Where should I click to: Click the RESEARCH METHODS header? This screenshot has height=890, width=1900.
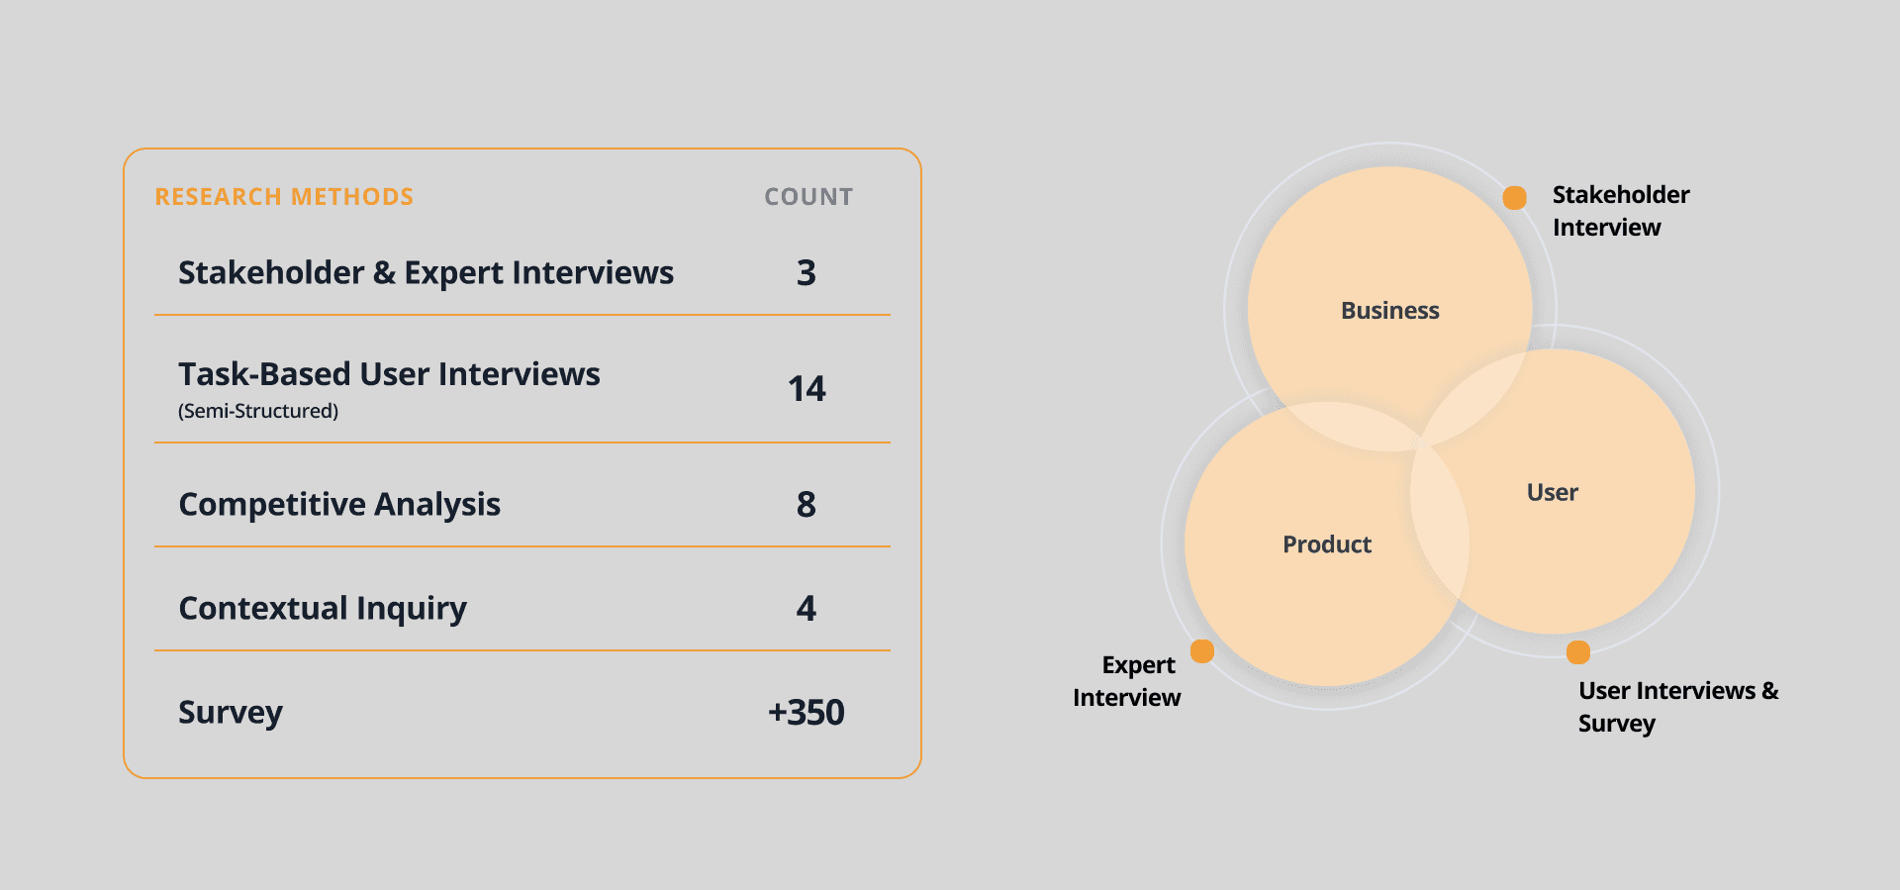click(284, 197)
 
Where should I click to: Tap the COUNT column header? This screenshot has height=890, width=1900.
click(808, 197)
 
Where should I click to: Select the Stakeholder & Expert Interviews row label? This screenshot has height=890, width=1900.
click(426, 272)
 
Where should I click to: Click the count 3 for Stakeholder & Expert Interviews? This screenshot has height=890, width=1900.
click(807, 272)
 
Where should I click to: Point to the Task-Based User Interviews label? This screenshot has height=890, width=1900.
click(389, 374)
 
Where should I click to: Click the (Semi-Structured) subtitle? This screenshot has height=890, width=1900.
click(258, 411)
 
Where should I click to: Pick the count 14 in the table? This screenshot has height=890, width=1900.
click(807, 388)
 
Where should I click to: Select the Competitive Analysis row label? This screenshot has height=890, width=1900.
click(339, 504)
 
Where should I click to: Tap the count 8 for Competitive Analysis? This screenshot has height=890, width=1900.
click(807, 504)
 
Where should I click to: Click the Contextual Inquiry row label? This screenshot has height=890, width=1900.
click(323, 608)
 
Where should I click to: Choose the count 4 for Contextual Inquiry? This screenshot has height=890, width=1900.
click(807, 608)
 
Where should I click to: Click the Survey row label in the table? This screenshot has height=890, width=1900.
click(231, 712)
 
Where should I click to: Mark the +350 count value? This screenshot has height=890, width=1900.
click(807, 712)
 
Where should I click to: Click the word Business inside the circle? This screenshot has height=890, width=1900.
click(1389, 311)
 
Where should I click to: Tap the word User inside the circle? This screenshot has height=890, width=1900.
click(1552, 492)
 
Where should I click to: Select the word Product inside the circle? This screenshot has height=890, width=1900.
click(1327, 544)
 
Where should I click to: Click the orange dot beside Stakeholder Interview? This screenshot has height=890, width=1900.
click(1514, 198)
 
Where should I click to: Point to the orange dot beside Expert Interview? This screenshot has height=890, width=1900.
click(1202, 650)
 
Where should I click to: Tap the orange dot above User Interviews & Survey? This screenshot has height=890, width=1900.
click(1578, 652)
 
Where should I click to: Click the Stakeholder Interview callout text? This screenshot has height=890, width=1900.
click(1620, 211)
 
